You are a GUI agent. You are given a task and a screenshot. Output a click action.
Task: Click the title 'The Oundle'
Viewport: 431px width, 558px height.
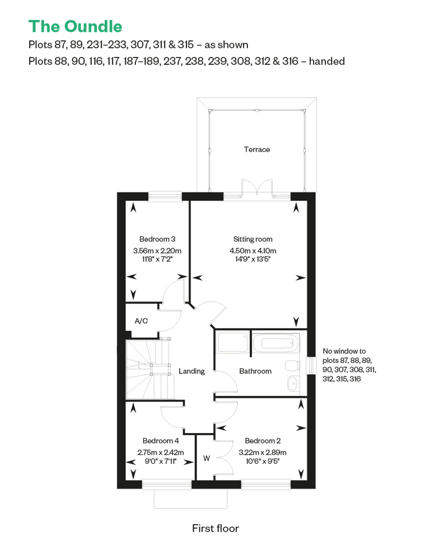click(x=75, y=26)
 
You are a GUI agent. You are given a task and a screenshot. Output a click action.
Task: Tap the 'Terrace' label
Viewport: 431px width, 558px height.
click(x=257, y=149)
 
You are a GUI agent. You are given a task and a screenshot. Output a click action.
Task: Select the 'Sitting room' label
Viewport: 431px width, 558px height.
click(x=253, y=239)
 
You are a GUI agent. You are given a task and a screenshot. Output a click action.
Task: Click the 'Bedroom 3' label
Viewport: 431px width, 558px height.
click(x=157, y=239)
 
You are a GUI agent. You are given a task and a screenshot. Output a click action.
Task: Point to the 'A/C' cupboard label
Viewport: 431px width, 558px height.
click(x=141, y=321)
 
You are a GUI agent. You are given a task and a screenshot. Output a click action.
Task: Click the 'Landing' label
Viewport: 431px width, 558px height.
click(x=192, y=371)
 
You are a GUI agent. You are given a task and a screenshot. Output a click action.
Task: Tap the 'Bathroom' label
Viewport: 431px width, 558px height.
click(x=255, y=371)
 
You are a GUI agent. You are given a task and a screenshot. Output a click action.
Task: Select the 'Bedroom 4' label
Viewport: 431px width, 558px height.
click(x=161, y=441)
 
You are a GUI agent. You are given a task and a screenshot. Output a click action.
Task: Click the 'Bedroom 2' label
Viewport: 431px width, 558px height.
click(x=263, y=441)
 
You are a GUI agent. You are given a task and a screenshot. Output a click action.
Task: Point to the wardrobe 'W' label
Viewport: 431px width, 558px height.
click(x=207, y=458)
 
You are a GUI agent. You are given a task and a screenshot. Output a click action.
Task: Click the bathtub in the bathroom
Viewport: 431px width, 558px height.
click(x=276, y=343)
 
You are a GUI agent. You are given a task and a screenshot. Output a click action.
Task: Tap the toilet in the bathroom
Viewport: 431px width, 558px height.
click(x=293, y=366)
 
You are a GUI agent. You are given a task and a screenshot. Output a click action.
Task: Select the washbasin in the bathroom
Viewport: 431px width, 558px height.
click(x=293, y=383)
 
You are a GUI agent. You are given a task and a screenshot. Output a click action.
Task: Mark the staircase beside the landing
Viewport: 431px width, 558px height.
click(x=150, y=370)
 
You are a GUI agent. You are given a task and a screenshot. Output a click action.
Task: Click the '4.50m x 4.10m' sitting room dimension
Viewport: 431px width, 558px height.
click(x=253, y=251)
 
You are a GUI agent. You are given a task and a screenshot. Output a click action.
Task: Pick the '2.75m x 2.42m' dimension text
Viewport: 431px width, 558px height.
click(x=161, y=453)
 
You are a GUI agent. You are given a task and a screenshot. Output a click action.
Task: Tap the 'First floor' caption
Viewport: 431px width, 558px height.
click(x=215, y=528)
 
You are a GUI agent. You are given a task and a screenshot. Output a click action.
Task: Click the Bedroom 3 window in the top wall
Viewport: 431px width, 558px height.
click(x=165, y=197)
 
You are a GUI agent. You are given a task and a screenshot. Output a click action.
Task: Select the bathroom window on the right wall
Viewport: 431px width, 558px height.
click(x=311, y=365)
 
